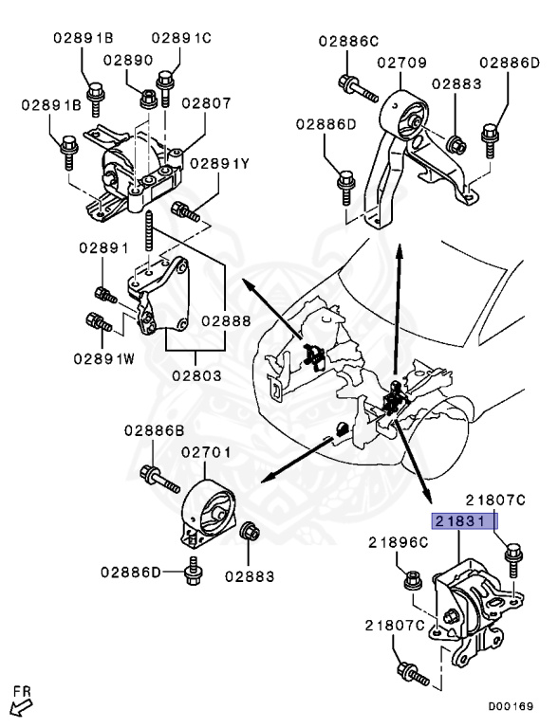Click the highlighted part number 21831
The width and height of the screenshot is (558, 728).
coord(465,521)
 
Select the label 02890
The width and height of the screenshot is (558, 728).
coord(128,60)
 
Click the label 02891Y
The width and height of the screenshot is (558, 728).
coord(220,163)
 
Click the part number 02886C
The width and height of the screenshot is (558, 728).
coord(348,41)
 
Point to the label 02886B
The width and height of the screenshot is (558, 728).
coord(154,430)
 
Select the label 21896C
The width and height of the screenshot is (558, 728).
coord(399,542)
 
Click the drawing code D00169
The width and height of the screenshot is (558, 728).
coord(511,706)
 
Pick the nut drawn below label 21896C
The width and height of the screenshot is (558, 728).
coord(412,579)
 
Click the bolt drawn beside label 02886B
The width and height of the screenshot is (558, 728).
coord(158,479)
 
